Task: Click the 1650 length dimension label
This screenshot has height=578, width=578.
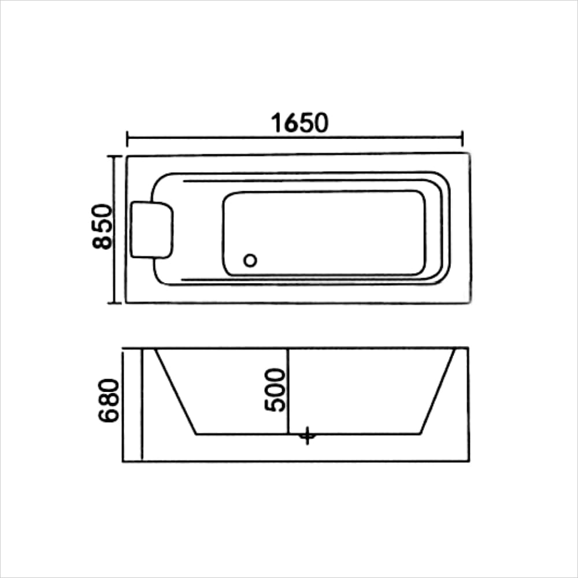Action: click(x=299, y=123)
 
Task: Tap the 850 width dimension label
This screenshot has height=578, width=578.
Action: click(x=102, y=226)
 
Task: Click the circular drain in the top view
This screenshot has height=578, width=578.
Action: click(x=250, y=261)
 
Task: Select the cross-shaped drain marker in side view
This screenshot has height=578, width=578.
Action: click(x=307, y=435)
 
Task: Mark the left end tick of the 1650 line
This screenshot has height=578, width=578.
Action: click(x=127, y=139)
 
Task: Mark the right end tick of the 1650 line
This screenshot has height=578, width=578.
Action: click(x=462, y=139)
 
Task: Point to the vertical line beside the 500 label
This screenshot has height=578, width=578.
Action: click(x=288, y=391)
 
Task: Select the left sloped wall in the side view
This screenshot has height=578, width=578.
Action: click(x=176, y=391)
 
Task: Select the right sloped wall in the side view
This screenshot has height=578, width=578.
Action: click(x=438, y=391)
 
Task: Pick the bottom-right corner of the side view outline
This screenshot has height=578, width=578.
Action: click(x=469, y=461)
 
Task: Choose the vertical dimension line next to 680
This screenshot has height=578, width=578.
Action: click(x=142, y=405)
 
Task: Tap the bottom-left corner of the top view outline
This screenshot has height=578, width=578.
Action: click(x=127, y=302)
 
